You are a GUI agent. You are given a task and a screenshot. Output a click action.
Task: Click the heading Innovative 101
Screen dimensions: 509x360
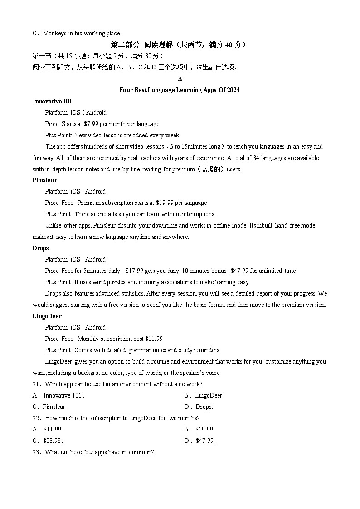point(52,101)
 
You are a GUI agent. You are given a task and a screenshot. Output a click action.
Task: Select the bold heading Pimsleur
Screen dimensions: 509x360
point(45,180)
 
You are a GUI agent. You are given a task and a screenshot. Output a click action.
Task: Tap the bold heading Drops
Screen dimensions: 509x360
point(41,248)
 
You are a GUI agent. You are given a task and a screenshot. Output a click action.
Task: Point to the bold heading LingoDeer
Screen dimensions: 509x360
point(47,316)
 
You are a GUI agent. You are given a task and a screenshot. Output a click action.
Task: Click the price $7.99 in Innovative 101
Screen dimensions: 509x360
point(92,124)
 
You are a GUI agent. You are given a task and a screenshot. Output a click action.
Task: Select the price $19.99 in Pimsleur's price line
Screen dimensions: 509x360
point(163,203)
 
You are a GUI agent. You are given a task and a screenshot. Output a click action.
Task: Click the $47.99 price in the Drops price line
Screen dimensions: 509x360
point(238,271)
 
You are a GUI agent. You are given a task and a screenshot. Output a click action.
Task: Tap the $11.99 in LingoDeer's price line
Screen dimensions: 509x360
point(154,339)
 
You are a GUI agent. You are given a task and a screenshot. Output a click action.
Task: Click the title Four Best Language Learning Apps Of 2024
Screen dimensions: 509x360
point(180,90)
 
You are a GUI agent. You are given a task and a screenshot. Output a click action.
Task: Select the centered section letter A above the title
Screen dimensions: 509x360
point(180,78)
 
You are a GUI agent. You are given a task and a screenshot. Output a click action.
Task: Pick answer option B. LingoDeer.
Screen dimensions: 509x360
point(204,395)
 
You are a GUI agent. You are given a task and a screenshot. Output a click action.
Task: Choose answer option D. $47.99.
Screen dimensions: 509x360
point(199,441)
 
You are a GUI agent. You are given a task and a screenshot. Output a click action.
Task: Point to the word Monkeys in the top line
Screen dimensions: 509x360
point(54,33)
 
